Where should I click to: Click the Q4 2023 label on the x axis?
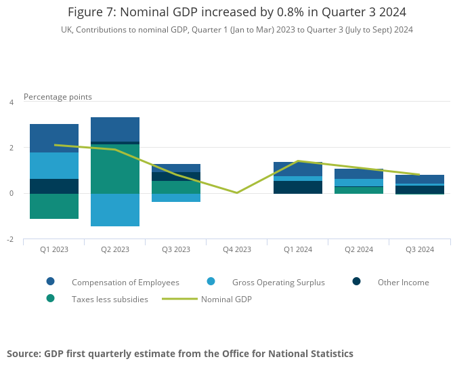tap(237, 249)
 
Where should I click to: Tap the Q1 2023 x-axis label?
tap(54, 249)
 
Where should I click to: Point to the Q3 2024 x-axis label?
tap(420, 249)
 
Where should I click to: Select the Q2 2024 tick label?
tap(359, 249)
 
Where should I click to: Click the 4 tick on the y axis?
tap(11, 102)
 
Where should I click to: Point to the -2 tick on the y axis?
tap(10, 240)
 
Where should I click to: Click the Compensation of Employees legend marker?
tap(50, 282)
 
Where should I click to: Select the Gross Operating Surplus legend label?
tap(278, 283)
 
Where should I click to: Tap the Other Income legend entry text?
tap(403, 283)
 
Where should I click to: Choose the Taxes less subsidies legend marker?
tap(50, 299)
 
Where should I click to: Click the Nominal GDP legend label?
tap(226, 299)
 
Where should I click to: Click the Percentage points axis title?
tap(58, 97)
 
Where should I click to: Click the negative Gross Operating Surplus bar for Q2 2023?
tap(115, 209)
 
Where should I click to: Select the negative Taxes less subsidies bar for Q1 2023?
tap(54, 206)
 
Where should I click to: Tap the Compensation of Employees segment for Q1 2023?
tap(54, 138)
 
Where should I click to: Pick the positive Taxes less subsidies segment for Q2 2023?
tap(115, 169)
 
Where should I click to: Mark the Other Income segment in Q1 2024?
tap(298, 187)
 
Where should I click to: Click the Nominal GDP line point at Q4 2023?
tap(237, 193)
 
